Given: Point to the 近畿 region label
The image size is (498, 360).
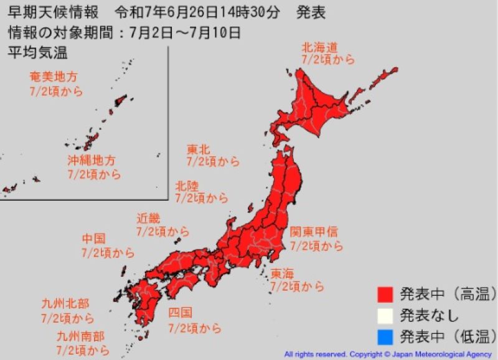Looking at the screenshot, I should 148,218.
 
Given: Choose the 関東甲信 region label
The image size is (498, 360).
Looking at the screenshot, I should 314,232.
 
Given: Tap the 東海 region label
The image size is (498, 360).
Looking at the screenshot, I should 283,273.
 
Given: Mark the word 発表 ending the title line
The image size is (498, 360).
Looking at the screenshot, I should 311,12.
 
